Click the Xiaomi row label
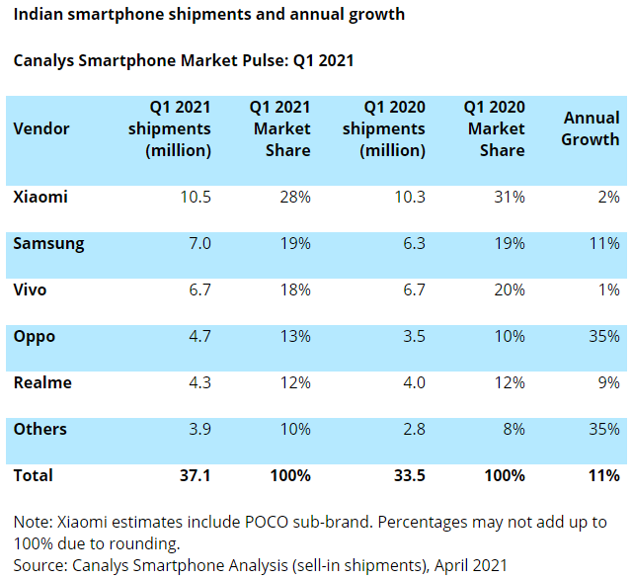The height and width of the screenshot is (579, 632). (x=40, y=197)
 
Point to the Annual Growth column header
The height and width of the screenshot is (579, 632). (x=591, y=128)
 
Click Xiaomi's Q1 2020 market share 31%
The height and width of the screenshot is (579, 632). (x=510, y=197)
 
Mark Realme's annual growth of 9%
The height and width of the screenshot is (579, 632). (x=608, y=382)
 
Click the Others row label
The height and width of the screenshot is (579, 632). (x=40, y=429)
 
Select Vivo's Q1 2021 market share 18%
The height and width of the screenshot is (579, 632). (x=295, y=289)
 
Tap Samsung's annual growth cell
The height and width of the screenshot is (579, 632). (x=604, y=243)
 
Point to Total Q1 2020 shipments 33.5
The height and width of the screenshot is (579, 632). (x=409, y=475)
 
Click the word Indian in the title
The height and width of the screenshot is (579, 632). (x=39, y=15)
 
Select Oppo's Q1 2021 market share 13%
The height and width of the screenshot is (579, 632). (x=295, y=336)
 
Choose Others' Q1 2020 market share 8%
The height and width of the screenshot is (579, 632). (x=513, y=429)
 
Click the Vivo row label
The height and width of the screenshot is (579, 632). (x=30, y=289)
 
